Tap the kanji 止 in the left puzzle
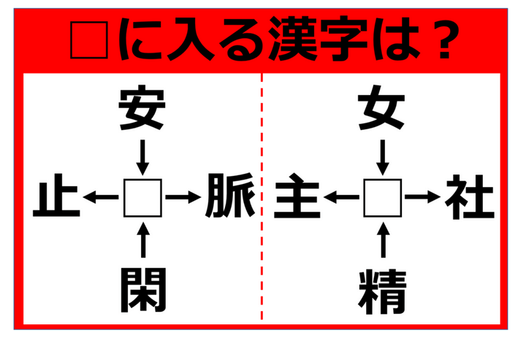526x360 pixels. coord(56,196)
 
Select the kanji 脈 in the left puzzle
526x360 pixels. coord(229,196)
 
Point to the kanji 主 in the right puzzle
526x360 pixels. coord(297,196)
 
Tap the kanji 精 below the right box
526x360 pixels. coord(382,289)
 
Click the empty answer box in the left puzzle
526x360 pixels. coord(142,197)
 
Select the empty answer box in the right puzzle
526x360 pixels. coord(382,197)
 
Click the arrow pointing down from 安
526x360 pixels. coord(142,155)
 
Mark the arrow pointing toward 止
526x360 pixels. coord(101,196)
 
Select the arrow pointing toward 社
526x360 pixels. coord(423,196)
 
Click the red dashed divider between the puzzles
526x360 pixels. coord(262,197)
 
